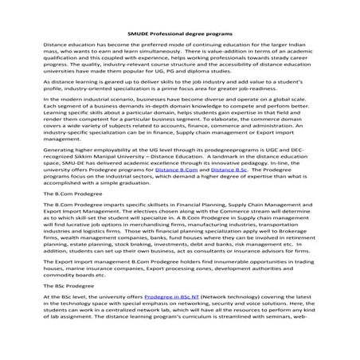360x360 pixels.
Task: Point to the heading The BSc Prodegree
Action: (x=70, y=306)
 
